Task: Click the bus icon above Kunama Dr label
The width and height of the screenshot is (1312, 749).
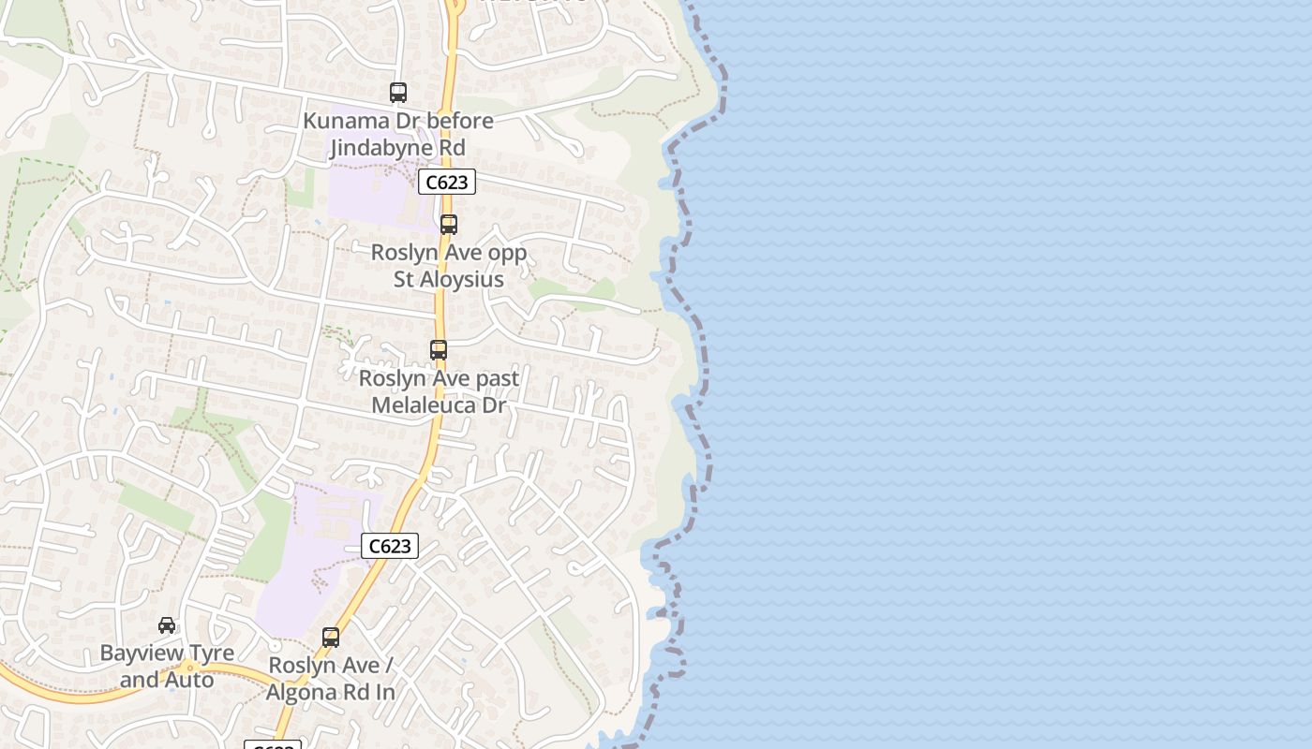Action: click(398, 93)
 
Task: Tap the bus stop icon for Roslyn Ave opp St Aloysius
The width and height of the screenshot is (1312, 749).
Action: click(449, 225)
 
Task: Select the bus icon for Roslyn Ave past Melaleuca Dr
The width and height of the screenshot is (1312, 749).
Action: click(439, 350)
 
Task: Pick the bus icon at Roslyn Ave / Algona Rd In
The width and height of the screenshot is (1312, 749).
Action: click(331, 638)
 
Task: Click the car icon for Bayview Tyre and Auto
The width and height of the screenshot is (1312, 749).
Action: click(167, 625)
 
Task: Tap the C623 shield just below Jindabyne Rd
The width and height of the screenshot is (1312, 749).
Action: click(446, 182)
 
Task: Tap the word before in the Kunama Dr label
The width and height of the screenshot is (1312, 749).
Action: click(460, 121)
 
